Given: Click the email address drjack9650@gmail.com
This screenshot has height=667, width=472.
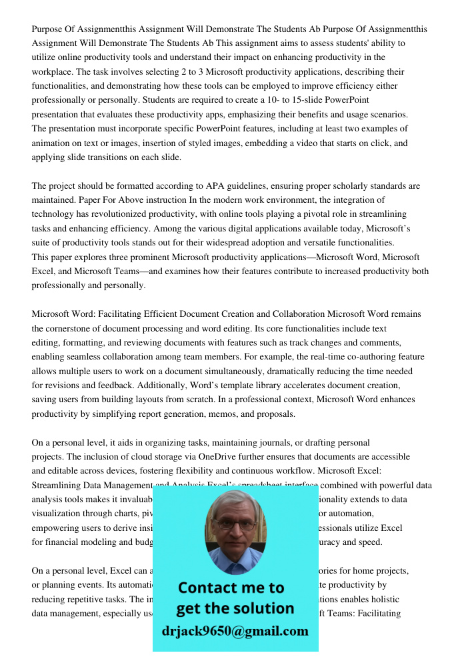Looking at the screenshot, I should pyautogui.click(x=235, y=630).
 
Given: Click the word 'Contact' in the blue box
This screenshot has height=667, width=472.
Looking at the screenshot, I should pyautogui.click(x=212, y=588).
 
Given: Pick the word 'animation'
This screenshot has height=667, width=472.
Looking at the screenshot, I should pyautogui.click(x=53, y=143).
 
